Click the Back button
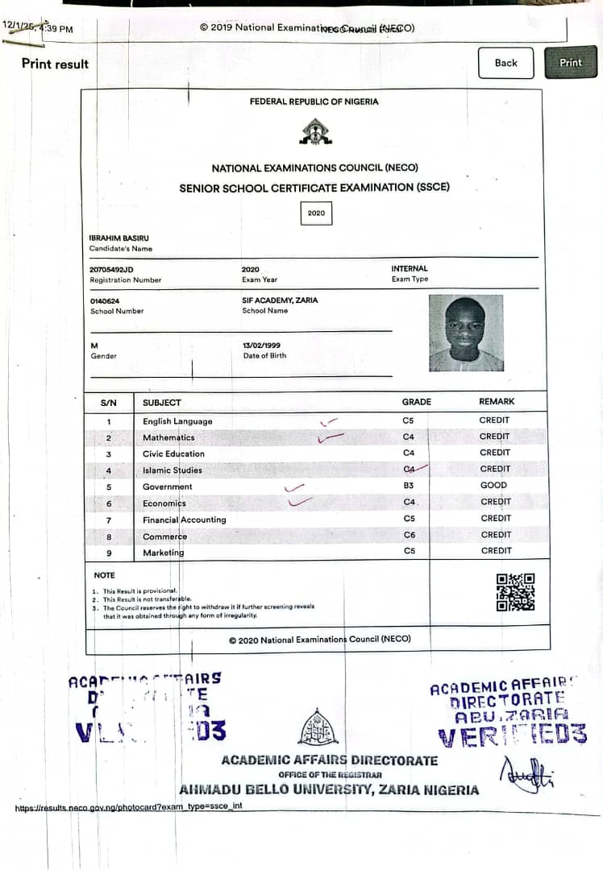[x=505, y=63]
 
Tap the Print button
[x=570, y=63]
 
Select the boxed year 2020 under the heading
[x=315, y=213]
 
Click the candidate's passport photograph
[x=465, y=333]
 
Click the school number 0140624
[x=105, y=300]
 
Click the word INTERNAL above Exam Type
[x=410, y=269]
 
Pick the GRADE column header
[x=416, y=402]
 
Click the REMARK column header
[x=496, y=401]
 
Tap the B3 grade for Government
[x=409, y=486]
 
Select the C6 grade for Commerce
[x=409, y=535]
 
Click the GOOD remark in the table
[x=493, y=486]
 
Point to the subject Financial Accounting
[x=184, y=520]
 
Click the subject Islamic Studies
[x=173, y=470]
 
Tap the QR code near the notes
[x=515, y=592]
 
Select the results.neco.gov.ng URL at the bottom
[x=128, y=806]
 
